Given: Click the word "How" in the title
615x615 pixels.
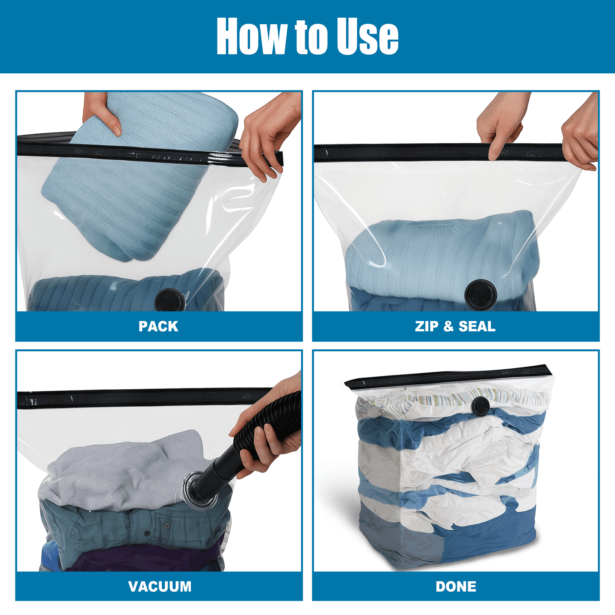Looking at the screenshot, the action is (x=252, y=36).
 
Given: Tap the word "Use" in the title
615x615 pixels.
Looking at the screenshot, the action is (x=367, y=36).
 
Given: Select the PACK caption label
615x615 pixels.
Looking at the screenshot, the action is (x=158, y=326).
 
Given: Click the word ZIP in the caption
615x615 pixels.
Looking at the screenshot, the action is (x=427, y=326).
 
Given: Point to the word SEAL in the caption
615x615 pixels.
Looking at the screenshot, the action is (x=477, y=326).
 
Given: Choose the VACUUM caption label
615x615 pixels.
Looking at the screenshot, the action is (x=160, y=587).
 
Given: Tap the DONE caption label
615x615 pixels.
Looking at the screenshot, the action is (x=456, y=587).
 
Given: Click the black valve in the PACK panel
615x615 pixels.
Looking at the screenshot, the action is (x=170, y=300).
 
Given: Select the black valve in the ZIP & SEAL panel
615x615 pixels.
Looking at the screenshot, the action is (x=480, y=295).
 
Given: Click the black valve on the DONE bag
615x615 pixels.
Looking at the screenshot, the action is (x=480, y=406).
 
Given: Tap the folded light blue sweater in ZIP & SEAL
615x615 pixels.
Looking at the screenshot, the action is (x=442, y=254).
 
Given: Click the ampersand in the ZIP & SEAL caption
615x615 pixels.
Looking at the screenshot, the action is (x=449, y=326).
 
